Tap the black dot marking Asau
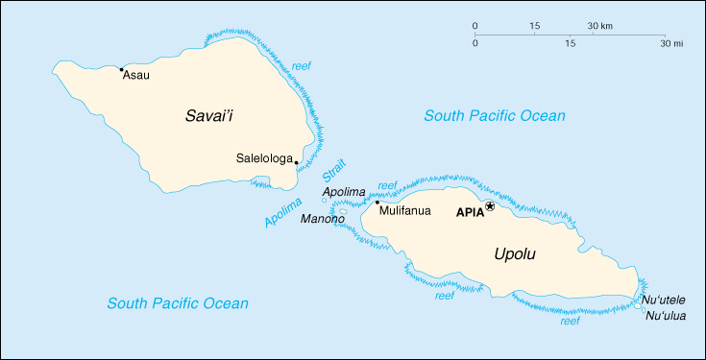(x=120, y=69)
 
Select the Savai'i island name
(x=210, y=116)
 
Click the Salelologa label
(x=264, y=158)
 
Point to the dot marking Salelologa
(x=297, y=162)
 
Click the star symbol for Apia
(x=490, y=206)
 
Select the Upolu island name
(x=514, y=254)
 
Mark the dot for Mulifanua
(x=377, y=203)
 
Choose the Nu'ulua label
(x=666, y=316)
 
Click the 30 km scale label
(x=600, y=25)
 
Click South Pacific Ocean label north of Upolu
(x=495, y=116)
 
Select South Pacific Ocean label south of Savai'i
(x=178, y=303)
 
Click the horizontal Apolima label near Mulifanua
(x=344, y=192)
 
